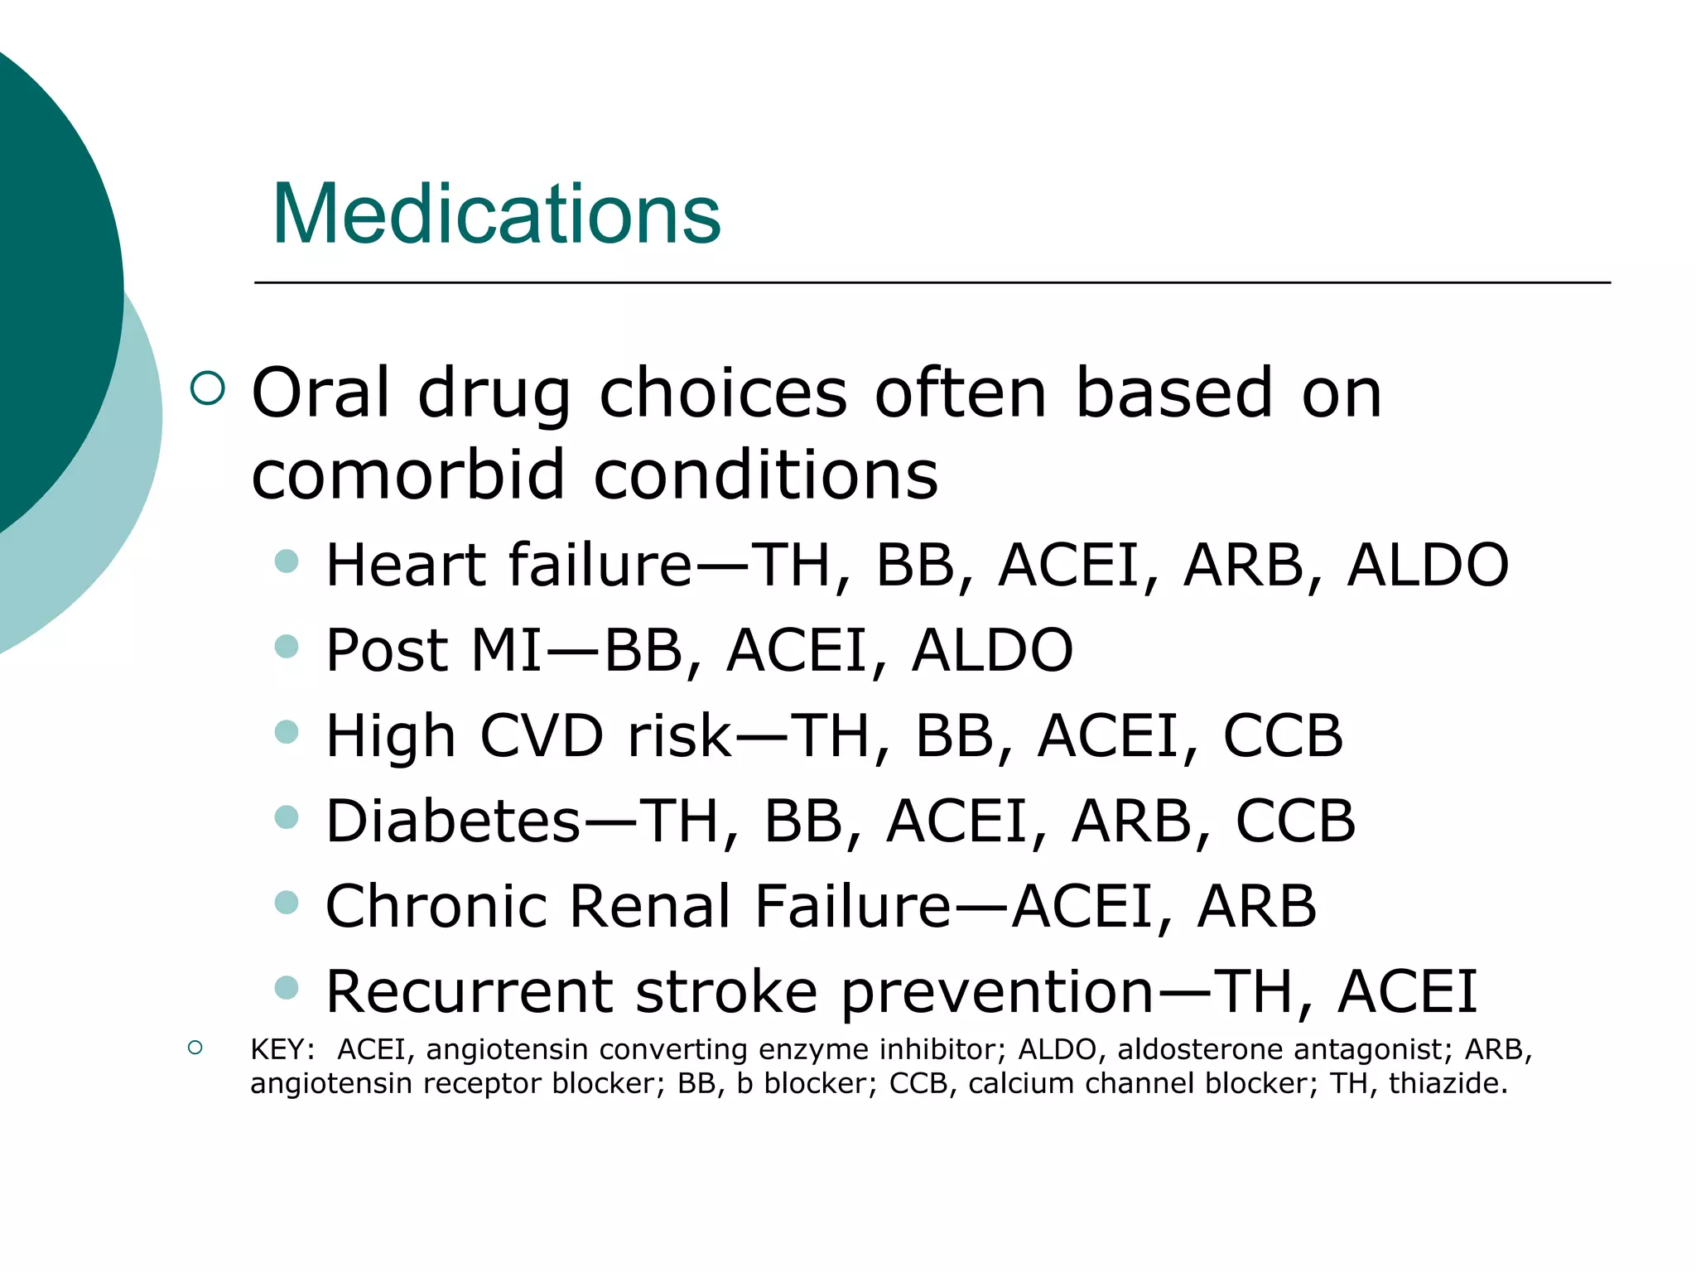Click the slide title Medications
[496, 214]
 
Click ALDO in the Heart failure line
[1428, 566]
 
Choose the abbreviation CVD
[542, 736]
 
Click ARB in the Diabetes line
[1132, 821]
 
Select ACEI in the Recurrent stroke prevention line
[1407, 992]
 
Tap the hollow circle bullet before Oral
[207, 388]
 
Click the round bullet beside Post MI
[287, 646]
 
